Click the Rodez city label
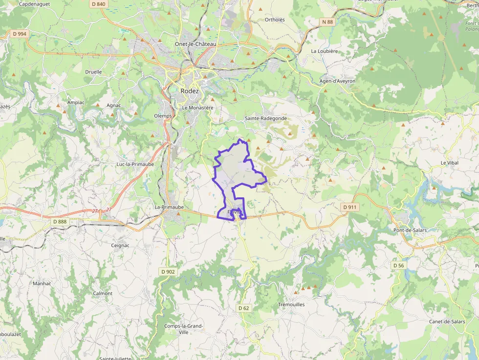190,91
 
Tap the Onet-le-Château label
196,44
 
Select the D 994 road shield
20,34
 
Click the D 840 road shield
98,4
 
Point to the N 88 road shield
327,22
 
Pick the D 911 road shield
350,207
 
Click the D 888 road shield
59,221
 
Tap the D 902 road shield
167,272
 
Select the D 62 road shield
244,308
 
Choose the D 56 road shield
398,265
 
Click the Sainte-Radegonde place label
265,118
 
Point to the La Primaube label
169,207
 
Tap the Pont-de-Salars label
410,230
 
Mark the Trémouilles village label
291,304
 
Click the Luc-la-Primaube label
135,164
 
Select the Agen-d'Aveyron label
337,81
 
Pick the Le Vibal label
450,163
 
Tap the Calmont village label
103,294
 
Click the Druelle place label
93,72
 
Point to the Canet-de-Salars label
447,321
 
